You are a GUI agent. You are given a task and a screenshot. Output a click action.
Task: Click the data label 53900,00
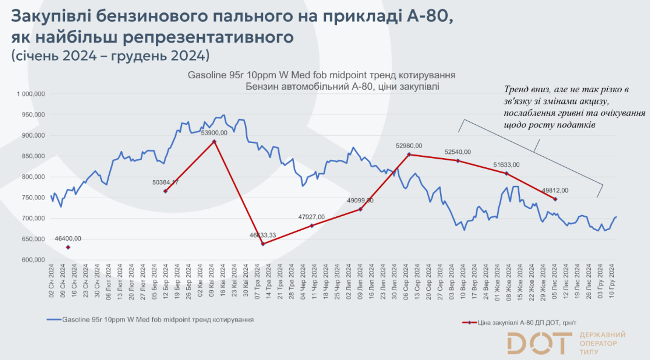214,133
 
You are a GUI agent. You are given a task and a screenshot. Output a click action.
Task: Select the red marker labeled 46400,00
68,247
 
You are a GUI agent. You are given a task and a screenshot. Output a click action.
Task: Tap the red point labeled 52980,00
409,154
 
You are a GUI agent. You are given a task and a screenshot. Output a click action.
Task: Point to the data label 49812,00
555,190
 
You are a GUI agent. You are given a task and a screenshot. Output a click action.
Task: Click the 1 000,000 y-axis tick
31,94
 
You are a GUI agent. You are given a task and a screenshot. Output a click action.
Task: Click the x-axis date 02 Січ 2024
51,281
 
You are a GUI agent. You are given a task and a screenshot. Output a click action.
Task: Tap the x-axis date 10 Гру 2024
612,281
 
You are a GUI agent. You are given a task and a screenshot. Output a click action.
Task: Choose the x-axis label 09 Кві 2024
211,281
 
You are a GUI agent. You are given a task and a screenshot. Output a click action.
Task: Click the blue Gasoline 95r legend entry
158,319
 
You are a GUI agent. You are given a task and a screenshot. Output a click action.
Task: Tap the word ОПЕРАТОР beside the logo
598,343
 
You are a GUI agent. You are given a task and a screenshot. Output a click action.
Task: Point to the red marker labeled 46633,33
263,244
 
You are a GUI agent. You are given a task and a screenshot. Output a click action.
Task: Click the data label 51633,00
506,165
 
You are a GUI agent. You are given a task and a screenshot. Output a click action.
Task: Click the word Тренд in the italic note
517,89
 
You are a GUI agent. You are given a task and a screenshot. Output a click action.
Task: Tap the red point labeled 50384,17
165,191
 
